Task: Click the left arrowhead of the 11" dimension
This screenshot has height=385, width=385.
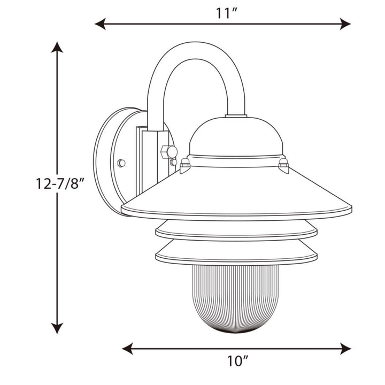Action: point(99,24)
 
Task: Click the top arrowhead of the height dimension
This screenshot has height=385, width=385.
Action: point(57,47)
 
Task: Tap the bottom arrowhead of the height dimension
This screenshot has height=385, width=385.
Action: point(57,328)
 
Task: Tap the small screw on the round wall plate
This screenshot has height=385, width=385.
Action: point(121,163)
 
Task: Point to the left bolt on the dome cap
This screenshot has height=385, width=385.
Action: point(185,164)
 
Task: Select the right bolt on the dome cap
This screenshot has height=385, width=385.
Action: point(283,164)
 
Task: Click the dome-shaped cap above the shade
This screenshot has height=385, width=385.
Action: point(235,138)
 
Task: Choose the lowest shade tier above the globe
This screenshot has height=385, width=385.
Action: point(236,251)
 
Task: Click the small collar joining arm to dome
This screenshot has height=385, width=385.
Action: point(236,115)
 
